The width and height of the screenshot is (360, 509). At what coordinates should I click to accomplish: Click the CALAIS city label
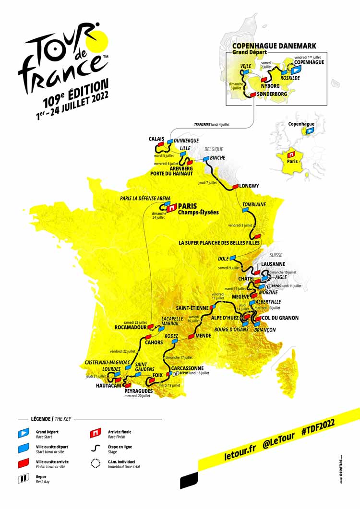(156, 139)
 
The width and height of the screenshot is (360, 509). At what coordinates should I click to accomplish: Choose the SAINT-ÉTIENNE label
(192, 308)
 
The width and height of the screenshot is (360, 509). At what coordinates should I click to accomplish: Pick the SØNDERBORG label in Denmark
(273, 94)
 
